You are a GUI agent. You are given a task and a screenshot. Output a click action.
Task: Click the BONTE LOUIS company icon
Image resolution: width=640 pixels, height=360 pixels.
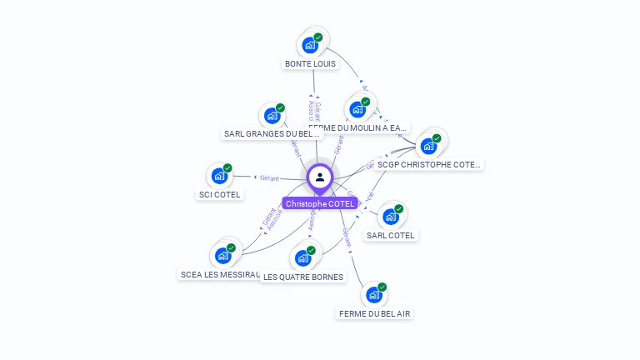[x=310, y=44]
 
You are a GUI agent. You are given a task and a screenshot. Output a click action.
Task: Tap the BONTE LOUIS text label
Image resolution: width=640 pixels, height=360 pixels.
[x=310, y=63]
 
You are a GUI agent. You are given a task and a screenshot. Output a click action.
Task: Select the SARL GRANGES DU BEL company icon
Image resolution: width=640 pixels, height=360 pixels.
[x=272, y=115]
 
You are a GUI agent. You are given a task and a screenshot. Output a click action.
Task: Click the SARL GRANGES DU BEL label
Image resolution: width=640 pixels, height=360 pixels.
[x=272, y=133]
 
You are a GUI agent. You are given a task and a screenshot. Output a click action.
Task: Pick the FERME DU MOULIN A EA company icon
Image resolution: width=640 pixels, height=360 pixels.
[x=357, y=109]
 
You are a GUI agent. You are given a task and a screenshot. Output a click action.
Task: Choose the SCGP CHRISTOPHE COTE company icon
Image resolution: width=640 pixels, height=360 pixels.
[x=428, y=146]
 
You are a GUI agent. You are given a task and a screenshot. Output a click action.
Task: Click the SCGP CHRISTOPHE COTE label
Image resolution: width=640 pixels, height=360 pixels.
[x=428, y=165]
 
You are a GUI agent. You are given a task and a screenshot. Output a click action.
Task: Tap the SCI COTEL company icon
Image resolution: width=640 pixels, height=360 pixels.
[x=219, y=176]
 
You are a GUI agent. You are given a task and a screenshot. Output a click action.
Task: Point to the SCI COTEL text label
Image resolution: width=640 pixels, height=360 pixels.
[x=219, y=195]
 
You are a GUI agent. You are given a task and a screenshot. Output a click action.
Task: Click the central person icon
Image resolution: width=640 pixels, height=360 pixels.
[x=320, y=177]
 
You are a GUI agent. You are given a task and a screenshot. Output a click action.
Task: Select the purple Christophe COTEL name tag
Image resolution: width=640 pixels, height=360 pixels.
[x=320, y=203]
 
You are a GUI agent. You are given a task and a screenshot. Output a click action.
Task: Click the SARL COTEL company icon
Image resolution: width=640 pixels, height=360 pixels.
[x=390, y=217]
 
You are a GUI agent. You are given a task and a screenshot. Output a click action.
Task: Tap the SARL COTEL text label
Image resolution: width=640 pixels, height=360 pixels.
[x=390, y=236]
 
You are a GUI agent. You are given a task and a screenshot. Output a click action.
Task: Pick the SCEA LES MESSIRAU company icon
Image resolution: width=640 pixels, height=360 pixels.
[x=222, y=255]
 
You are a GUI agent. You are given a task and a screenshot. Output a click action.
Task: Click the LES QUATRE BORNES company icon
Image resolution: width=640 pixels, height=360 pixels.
[x=302, y=257]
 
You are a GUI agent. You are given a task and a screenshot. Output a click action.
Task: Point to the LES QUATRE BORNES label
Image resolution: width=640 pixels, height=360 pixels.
[x=302, y=277]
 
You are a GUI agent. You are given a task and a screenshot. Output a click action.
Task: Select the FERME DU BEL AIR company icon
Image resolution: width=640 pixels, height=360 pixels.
[x=374, y=294]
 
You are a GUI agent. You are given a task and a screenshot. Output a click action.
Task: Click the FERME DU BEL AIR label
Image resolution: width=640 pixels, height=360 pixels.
[x=374, y=313]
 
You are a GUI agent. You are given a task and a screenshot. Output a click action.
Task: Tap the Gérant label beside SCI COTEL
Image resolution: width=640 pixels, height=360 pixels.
[x=269, y=178]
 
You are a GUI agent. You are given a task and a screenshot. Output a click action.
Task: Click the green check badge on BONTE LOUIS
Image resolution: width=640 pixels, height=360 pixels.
[x=318, y=37]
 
